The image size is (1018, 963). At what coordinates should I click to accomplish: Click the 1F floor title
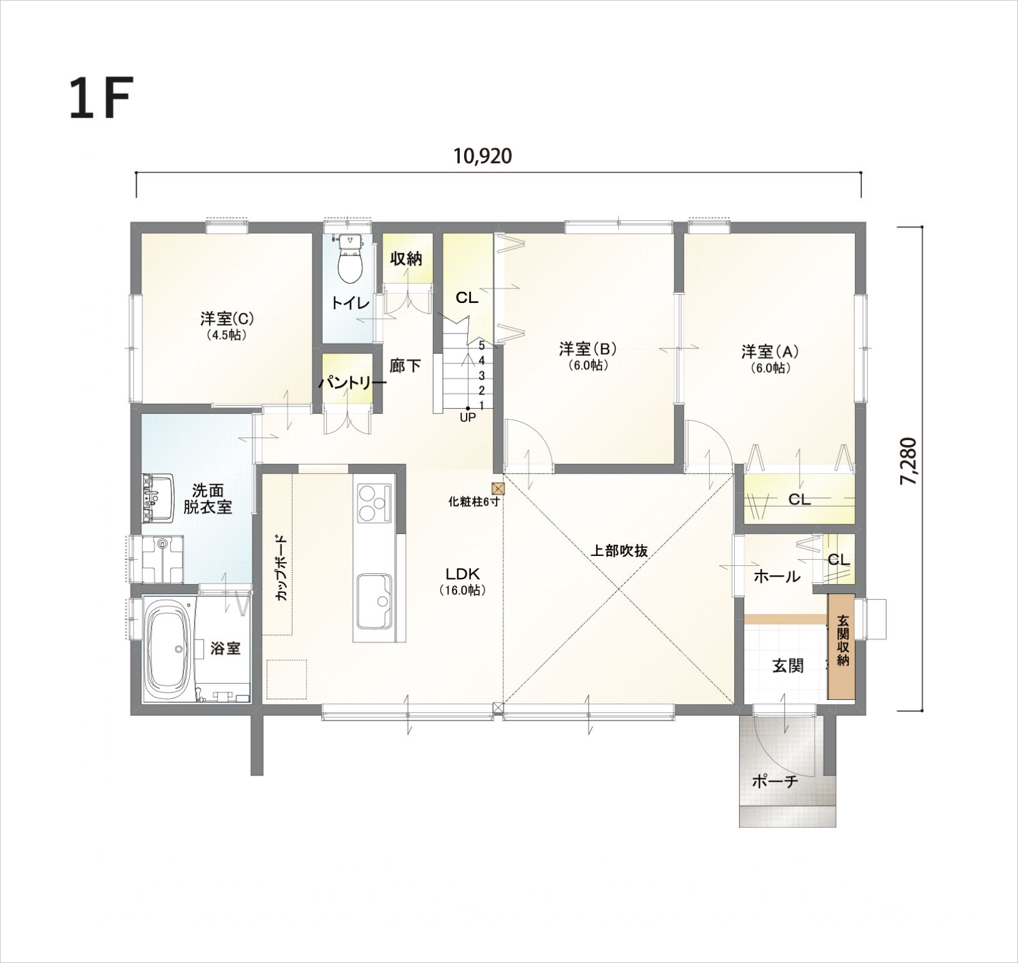point(100,98)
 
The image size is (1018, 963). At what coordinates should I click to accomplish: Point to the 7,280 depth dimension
point(910,462)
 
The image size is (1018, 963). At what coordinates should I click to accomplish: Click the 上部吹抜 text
point(619,550)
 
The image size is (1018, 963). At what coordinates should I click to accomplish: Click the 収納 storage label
point(406,259)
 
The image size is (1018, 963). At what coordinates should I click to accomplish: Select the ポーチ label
point(775,781)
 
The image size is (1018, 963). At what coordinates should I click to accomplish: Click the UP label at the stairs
point(468,418)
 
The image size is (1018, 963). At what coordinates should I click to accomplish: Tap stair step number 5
point(482,344)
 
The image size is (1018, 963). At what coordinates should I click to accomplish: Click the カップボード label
point(282,567)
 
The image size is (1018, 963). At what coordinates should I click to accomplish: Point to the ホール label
point(777,577)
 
